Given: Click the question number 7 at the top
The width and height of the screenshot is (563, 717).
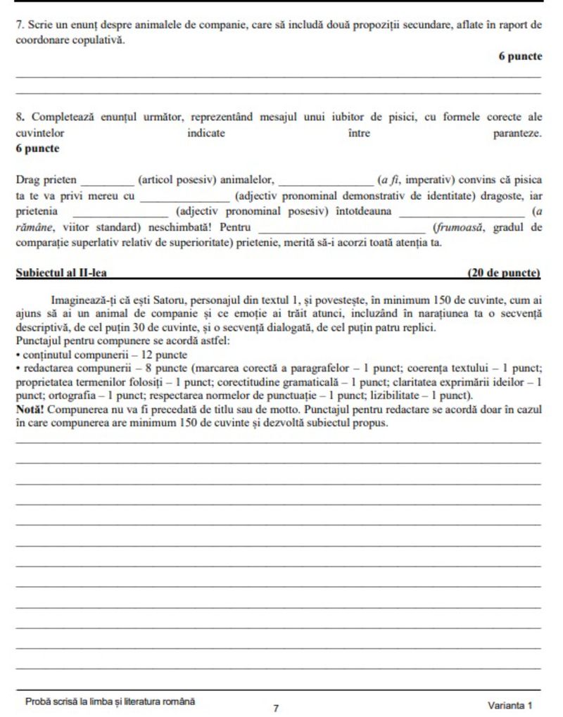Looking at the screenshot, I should [19, 24].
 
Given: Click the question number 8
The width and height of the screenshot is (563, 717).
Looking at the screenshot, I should [19, 117].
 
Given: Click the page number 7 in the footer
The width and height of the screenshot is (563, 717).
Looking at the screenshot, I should [276, 707].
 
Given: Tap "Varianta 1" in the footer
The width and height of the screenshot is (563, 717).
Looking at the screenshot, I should [510, 705].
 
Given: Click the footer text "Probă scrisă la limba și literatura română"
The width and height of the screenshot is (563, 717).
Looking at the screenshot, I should [110, 702].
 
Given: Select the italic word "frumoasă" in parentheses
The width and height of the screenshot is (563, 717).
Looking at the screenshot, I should [462, 228].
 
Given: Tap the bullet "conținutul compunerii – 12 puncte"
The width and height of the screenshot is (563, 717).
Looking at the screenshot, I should [104, 355].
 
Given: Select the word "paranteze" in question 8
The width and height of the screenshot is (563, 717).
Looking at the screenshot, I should [517, 133].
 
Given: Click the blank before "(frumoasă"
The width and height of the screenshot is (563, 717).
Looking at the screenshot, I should [342, 228].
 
